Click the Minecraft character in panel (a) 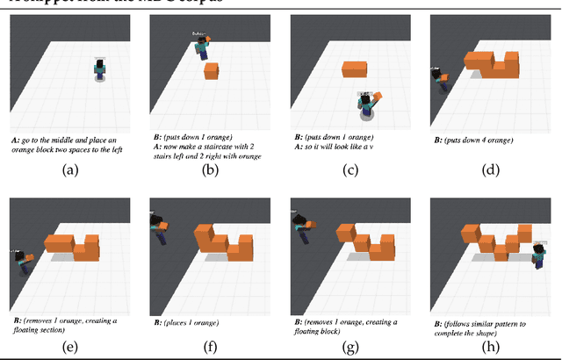[x=100, y=70]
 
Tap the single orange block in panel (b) [x=211, y=71]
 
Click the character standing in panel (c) [x=365, y=104]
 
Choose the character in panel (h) [x=539, y=255]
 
